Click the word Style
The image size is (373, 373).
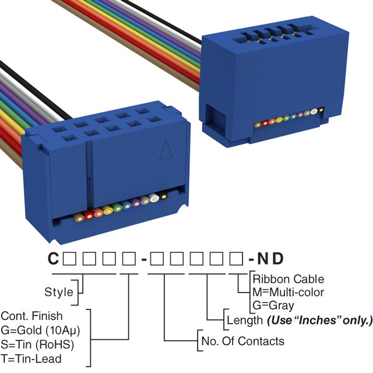59,292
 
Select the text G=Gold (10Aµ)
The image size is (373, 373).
41,330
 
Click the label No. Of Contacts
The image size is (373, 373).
242,341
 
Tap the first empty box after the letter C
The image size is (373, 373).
68,258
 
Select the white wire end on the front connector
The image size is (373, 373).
154,198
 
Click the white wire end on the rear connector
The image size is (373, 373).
315,110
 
